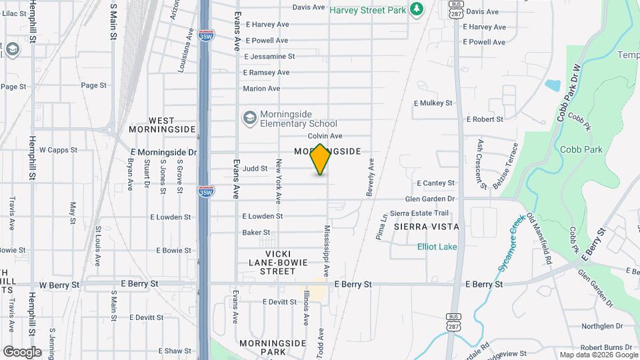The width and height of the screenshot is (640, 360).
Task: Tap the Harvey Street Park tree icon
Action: point(417,8)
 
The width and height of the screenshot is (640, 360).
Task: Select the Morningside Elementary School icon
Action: point(249,118)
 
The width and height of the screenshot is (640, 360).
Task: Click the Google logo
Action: point(22,352)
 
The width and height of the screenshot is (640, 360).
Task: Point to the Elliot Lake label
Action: point(437,247)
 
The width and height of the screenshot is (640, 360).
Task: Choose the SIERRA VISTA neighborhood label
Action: point(426,227)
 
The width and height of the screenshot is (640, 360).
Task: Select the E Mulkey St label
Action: point(433,103)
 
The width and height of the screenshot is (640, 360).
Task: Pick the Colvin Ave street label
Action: point(325,136)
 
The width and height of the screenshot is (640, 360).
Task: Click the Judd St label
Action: point(255,169)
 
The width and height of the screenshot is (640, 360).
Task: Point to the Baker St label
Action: point(255,233)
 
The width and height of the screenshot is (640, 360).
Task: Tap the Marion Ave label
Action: point(261,88)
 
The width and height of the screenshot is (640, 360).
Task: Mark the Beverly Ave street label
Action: point(370,177)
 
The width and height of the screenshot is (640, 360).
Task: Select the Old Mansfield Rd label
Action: point(539,236)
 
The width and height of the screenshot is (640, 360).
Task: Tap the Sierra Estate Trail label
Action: point(419,213)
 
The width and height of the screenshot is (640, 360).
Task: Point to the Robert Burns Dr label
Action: point(606,347)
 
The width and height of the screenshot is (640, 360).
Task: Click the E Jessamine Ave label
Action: point(269,57)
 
